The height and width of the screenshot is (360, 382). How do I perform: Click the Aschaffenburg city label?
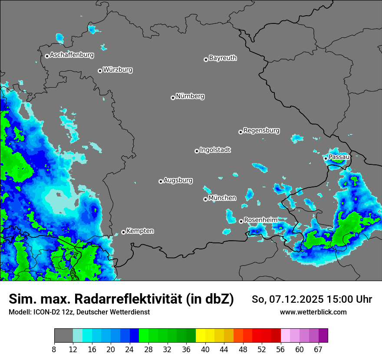coord(72,55)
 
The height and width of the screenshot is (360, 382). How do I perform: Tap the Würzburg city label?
coord(118,70)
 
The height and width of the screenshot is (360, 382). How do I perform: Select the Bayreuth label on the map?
coord(223,58)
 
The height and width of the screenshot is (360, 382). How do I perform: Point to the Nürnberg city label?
coord(190,96)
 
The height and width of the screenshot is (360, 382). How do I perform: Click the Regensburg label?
coord(261,131)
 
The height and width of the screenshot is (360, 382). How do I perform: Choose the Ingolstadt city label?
coord(215,150)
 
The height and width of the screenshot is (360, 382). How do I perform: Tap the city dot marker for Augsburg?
coord(161,181)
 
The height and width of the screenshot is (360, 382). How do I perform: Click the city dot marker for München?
coord(205,200)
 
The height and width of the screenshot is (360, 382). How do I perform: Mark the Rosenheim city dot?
coord(241,221)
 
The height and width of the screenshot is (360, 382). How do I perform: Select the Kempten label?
coord(140,231)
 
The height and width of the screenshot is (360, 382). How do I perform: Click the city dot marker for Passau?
coord(326,158)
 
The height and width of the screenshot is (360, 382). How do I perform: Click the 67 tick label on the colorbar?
coord(318,350)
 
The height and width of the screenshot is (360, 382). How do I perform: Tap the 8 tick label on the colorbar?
coord(54,350)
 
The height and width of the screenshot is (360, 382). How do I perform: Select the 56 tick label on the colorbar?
coord(281,350)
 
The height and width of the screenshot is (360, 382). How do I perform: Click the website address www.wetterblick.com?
coord(313,312)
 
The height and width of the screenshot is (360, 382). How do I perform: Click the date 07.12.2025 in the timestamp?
coord(295,299)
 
